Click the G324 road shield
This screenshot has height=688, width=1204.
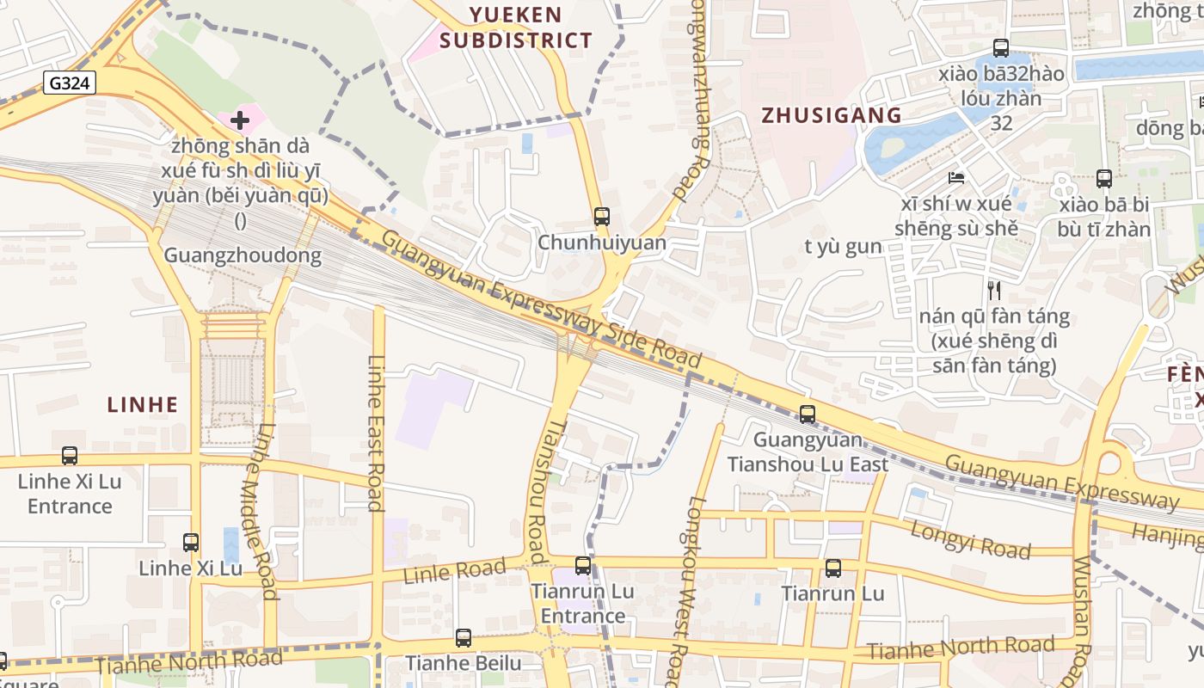point(70,83)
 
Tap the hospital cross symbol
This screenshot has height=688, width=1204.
point(240,120)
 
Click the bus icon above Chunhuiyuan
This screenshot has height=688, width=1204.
point(602,216)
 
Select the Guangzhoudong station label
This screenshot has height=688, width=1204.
point(243,255)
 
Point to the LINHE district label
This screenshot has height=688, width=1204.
point(143,404)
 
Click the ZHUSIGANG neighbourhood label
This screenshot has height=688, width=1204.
point(832,115)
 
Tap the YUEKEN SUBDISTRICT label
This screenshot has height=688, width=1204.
point(516,28)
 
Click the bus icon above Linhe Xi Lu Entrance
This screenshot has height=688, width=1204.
point(70,455)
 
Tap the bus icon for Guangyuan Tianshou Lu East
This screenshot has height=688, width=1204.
point(808,414)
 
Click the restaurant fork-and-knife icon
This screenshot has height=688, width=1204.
point(994,290)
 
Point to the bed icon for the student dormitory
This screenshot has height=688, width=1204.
point(956,178)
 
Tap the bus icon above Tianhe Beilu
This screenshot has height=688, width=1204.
point(464,637)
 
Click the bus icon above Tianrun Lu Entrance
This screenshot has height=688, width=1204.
point(583,565)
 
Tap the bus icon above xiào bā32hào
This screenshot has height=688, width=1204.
point(1001,48)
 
